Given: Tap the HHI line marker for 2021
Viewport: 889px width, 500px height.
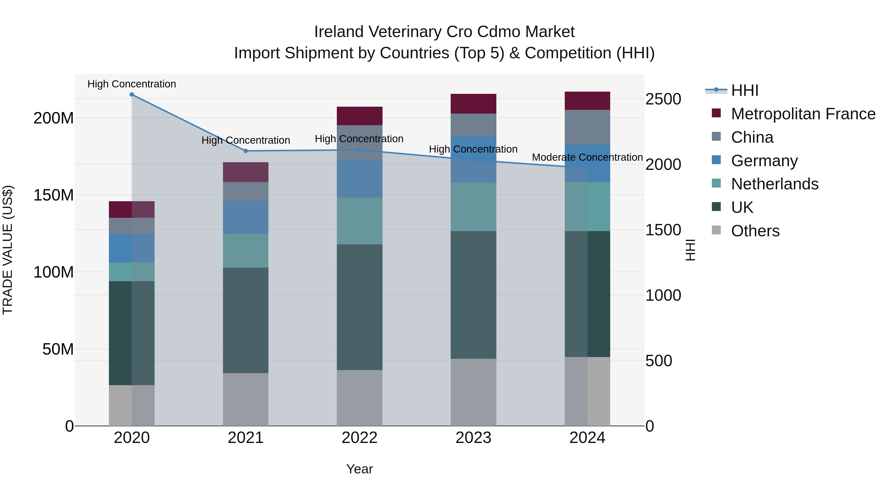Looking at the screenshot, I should [x=246, y=151].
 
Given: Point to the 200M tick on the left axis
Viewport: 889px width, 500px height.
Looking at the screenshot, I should [x=54, y=118].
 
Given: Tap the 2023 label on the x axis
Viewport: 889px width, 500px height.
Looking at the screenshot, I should [x=473, y=438].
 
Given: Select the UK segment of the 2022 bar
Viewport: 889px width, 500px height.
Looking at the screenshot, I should [x=360, y=307].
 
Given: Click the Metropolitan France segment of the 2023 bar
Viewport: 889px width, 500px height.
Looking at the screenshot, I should [x=473, y=103].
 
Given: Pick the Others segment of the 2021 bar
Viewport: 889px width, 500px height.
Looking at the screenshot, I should [x=246, y=399].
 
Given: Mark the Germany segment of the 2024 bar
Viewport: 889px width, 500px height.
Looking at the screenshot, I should [x=587, y=163].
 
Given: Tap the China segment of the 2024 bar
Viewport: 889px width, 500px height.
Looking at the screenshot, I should [x=587, y=127].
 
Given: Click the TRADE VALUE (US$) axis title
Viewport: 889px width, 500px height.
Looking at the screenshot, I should [x=8, y=250].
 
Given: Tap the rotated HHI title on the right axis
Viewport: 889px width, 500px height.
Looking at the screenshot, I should [x=690, y=250].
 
